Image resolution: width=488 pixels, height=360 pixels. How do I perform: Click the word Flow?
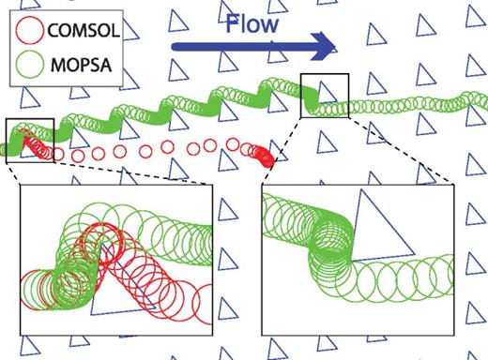point(252,22)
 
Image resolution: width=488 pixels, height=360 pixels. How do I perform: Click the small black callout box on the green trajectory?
point(324,96)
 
